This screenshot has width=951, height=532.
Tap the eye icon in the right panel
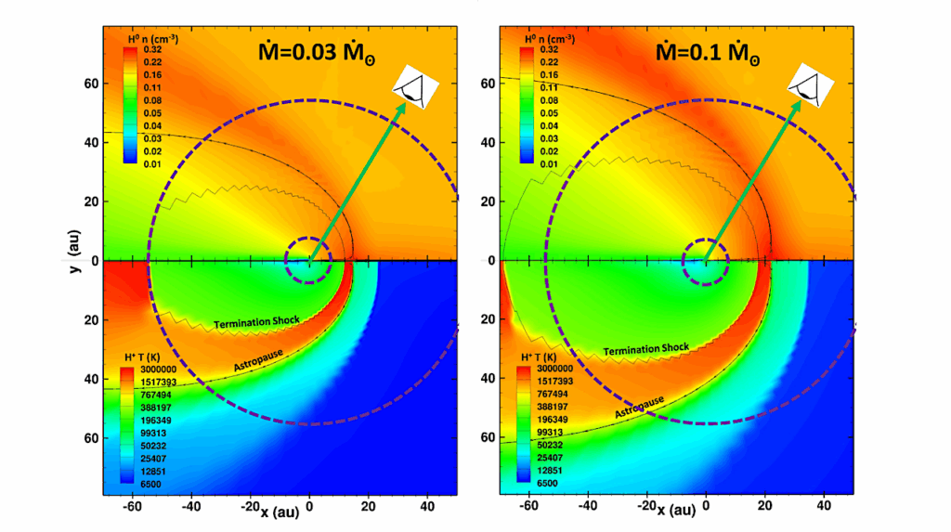pyautogui.click(x=808, y=88)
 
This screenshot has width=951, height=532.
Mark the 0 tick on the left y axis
pyautogui.click(x=93, y=261)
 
